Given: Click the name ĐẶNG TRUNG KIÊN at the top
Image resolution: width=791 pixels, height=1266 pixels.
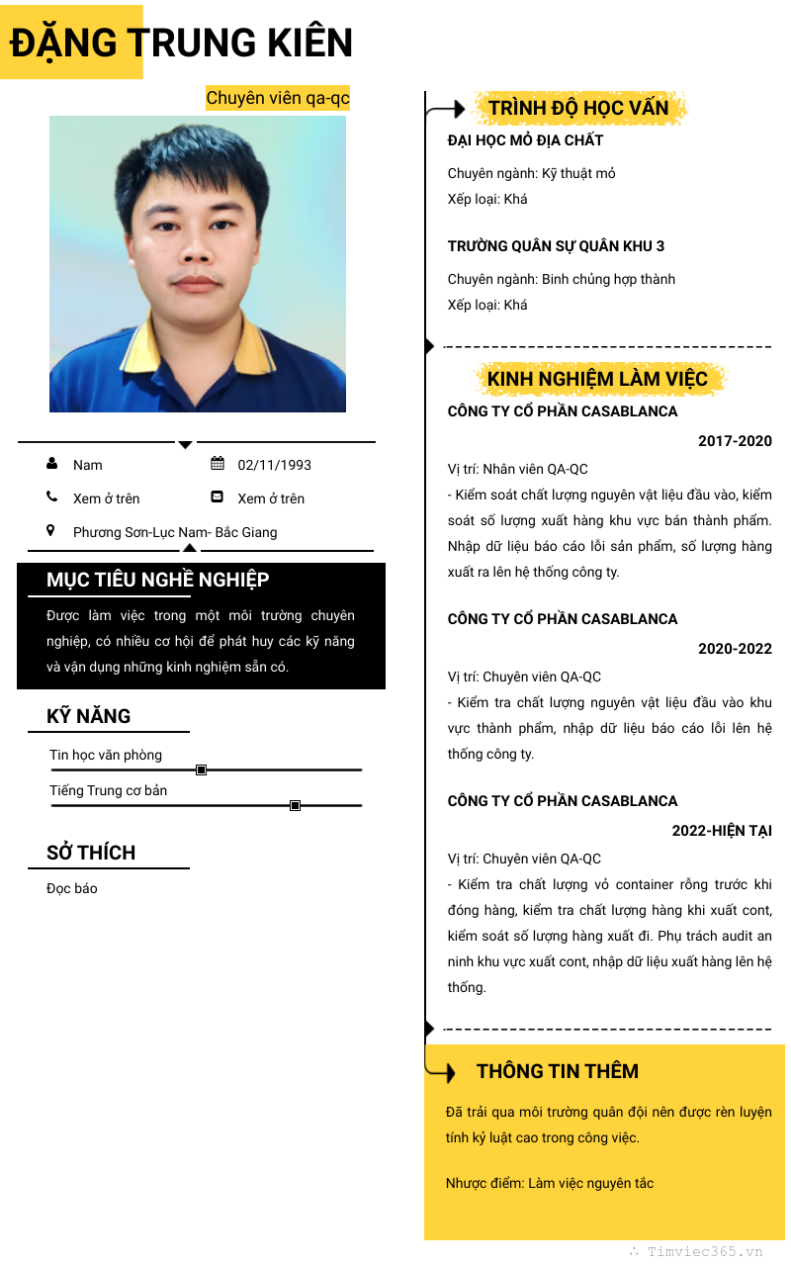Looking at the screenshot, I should (x=181, y=43).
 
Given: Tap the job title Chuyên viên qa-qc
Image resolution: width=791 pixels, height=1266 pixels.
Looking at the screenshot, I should (x=278, y=98).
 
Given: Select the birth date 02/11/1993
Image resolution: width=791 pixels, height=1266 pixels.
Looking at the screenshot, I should (x=274, y=465).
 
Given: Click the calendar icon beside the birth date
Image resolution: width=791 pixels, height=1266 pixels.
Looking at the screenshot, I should (x=218, y=464).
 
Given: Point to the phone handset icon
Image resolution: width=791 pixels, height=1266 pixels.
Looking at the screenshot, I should (x=51, y=497).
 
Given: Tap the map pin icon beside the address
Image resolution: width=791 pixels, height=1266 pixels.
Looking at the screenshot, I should (x=51, y=531).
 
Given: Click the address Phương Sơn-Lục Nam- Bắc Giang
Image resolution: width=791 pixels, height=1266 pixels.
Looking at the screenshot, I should (x=175, y=532).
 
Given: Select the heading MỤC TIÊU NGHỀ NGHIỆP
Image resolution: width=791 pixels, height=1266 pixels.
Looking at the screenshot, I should (x=157, y=580).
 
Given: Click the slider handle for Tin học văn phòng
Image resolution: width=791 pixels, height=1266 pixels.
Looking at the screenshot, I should (x=201, y=769).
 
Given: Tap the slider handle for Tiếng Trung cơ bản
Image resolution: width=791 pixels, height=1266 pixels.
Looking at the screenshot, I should (x=295, y=806).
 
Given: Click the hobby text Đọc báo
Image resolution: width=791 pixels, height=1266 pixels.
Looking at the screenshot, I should (x=72, y=888).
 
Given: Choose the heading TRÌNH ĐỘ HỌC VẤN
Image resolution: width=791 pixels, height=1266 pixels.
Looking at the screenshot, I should (x=578, y=108).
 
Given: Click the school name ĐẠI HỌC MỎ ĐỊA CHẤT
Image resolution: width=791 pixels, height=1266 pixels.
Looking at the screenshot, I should (x=525, y=140).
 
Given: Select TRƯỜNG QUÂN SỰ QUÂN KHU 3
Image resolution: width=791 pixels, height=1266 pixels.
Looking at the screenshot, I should (x=556, y=246).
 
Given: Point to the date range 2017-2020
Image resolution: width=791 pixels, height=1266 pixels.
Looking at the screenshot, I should (x=735, y=441).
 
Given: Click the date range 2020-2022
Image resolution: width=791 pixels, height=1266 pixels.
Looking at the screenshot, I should (x=735, y=649).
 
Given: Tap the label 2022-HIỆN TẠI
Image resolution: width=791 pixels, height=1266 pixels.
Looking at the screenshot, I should (x=722, y=831).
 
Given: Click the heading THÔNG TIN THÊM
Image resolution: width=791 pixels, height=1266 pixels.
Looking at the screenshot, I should (x=558, y=1071).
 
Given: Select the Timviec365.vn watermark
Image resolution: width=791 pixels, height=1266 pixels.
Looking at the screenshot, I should (x=704, y=1251).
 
